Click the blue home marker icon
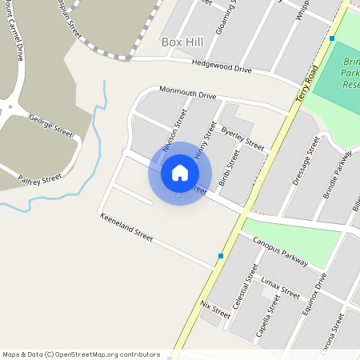[180, 173]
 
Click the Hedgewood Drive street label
[222, 68]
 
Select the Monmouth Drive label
[188, 93]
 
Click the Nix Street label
[215, 310]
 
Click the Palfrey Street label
[40, 179]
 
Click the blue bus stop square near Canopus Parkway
[221, 256]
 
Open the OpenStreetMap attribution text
[81, 354]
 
